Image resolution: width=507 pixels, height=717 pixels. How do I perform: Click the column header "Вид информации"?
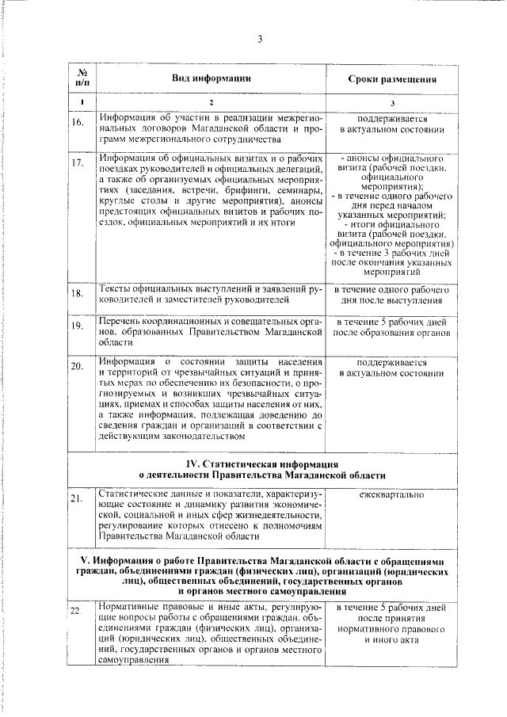(212, 78)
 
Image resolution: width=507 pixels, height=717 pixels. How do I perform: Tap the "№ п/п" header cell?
(82, 78)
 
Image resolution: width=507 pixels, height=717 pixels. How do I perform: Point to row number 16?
(78, 123)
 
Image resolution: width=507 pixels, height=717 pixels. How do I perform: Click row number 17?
(78, 163)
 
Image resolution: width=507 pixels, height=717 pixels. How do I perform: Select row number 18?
(78, 294)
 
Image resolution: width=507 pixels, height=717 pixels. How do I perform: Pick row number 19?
(78, 326)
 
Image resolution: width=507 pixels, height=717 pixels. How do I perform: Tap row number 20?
(78, 367)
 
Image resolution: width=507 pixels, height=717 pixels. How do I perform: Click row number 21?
(78, 498)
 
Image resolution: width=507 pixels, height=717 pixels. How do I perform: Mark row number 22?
(78, 611)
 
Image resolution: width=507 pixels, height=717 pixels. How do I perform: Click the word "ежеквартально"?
(391, 495)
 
